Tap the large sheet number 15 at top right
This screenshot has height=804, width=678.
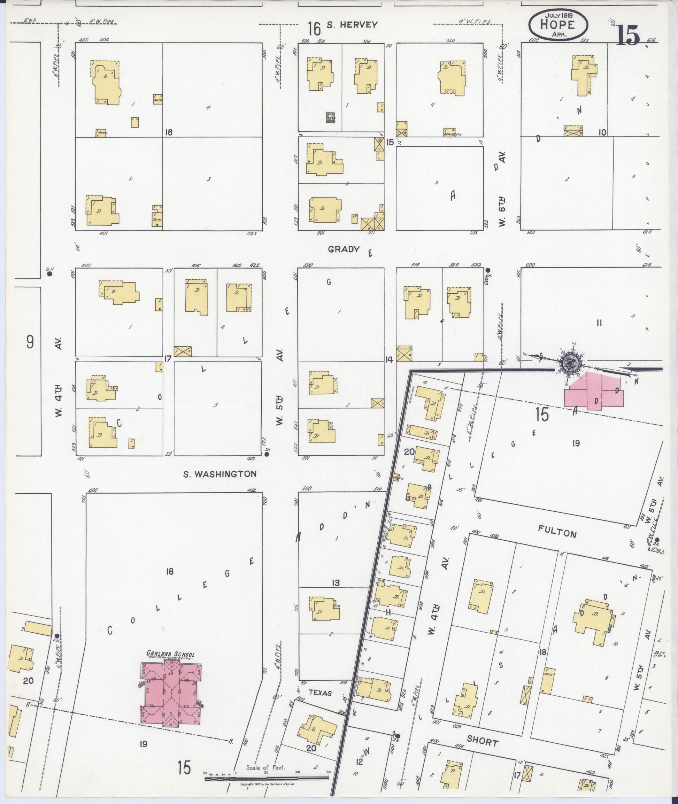point(629,35)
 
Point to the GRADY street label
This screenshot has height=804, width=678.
point(344,249)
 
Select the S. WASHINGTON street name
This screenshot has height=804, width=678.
point(219,474)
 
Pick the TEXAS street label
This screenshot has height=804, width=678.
point(320,693)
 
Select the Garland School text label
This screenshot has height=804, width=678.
point(170,654)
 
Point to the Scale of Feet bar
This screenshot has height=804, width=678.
point(266,778)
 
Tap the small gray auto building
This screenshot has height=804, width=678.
point(330,118)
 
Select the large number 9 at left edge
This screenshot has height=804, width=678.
point(30,342)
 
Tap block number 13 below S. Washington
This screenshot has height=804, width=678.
point(336,583)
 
